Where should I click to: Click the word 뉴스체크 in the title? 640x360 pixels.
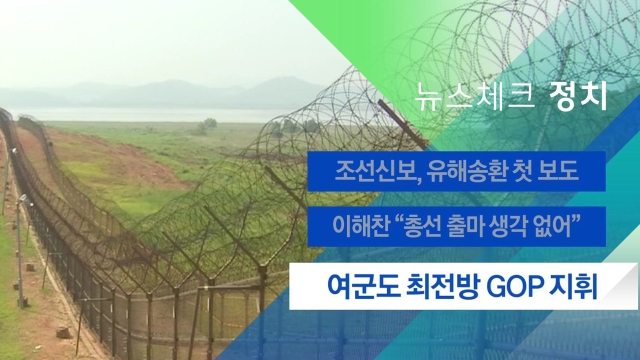pyautogui.click(x=475, y=97)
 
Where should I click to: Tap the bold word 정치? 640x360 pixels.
pyautogui.click(x=579, y=96)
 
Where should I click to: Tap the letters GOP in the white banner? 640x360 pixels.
pyautogui.click(x=514, y=287)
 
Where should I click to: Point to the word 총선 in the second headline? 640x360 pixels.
pyautogui.click(x=423, y=226)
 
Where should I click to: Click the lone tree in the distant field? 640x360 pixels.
pyautogui.click(x=209, y=123)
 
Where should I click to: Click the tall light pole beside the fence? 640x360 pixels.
pyautogui.click(x=20, y=251)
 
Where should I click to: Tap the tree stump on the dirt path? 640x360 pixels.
pyautogui.click(x=63, y=332)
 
